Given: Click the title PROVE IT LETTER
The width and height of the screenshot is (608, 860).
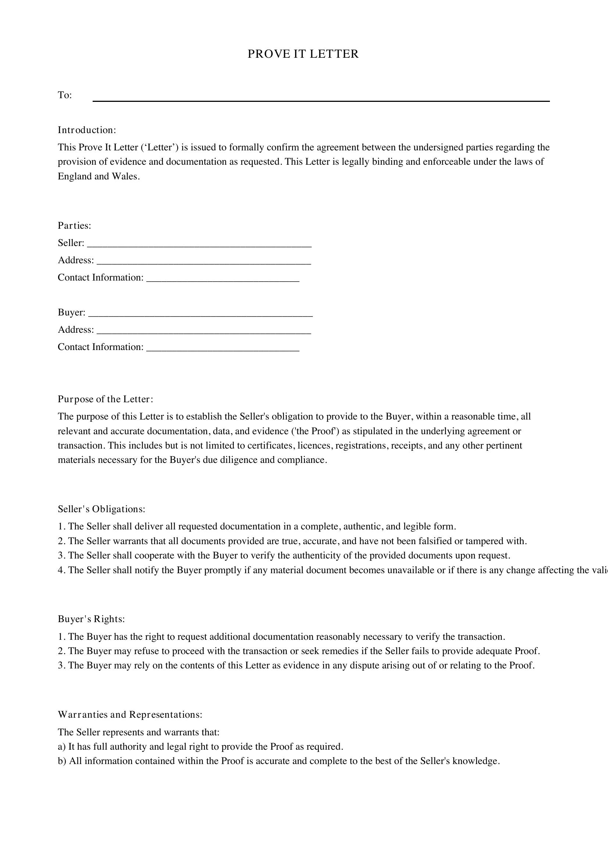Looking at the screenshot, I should pyautogui.click(x=303, y=54).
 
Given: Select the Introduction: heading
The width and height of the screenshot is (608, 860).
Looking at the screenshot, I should pyautogui.click(x=87, y=130).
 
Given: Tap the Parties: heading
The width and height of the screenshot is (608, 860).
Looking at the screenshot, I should pyautogui.click(x=75, y=225).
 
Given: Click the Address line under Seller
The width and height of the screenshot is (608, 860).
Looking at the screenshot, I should pyautogui.click(x=203, y=263).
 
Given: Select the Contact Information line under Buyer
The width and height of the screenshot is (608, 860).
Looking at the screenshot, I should pyautogui.click(x=223, y=349).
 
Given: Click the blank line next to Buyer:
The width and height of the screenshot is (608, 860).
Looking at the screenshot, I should pyautogui.click(x=200, y=315).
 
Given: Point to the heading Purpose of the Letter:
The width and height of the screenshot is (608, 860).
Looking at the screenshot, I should pyautogui.click(x=105, y=399).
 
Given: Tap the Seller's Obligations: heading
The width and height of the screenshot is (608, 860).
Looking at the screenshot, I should pyautogui.click(x=101, y=509).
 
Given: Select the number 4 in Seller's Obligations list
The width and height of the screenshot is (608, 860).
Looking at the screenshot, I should pyautogui.click(x=60, y=570).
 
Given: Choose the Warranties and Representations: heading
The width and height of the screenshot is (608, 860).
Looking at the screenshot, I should pyautogui.click(x=130, y=714).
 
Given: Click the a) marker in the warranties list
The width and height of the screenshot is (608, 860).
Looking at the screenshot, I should pyautogui.click(x=61, y=746).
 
